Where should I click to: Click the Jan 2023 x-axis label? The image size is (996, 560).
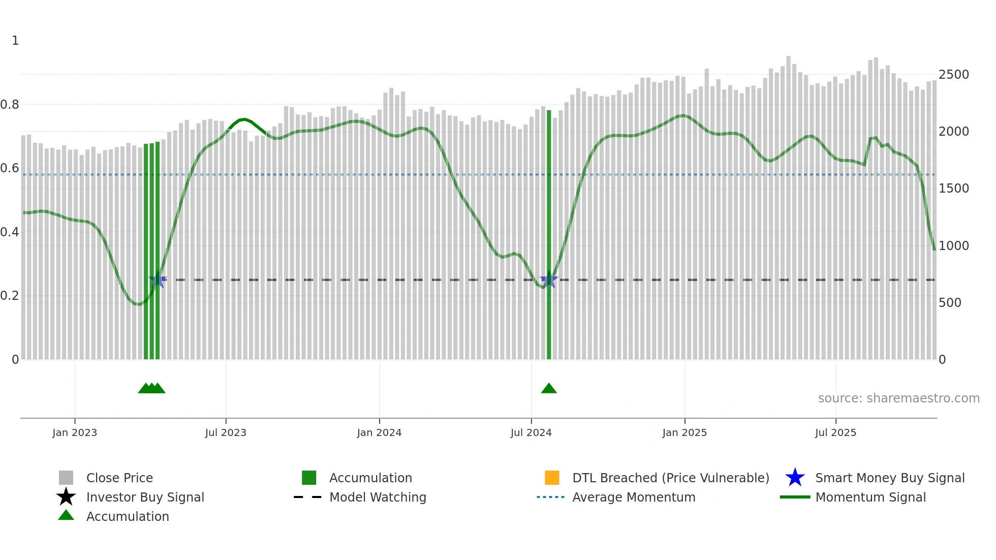coord(75,432)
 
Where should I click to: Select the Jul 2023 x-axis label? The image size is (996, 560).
coord(226,432)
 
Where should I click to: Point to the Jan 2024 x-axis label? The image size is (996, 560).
coord(379,432)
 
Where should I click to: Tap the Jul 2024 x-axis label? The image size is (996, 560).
coord(531,432)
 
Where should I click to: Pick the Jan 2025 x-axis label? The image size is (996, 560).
coord(684,432)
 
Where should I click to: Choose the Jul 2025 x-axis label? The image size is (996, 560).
coord(835,432)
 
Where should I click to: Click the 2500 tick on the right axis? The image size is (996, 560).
coord(954,75)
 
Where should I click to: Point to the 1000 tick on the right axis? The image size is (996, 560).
coord(954,246)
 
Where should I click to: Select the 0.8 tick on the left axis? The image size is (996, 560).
coord(10,105)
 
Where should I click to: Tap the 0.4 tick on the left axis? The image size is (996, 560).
coord(10,232)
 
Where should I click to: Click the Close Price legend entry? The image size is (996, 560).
coord(119,478)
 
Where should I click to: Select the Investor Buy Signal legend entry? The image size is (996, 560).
coord(145,497)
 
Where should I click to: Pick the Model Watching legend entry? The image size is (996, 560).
coord(378,497)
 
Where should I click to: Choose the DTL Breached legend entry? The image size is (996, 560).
coord(670,478)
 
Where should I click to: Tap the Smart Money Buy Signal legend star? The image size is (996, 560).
coord(795,478)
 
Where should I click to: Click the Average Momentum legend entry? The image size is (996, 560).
coord(634,497)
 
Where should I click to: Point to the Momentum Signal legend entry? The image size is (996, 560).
coord(870,497)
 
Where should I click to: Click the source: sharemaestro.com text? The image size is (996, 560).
coord(898,398)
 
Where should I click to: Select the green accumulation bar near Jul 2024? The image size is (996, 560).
coord(549,234)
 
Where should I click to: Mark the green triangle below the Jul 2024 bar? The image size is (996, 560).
coord(549,389)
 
